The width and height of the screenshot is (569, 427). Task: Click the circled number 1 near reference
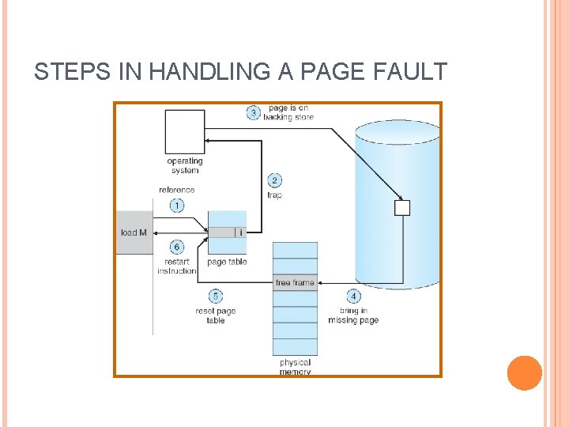tap(176, 206)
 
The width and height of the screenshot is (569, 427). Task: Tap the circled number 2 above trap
tap(274, 180)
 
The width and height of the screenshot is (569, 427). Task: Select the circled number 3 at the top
tap(254, 112)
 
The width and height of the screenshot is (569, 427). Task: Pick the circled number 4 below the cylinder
tap(353, 297)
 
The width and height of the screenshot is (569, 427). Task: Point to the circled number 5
tap(215, 297)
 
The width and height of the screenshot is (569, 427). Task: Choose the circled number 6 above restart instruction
tap(176, 248)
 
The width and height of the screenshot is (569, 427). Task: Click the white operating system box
tap(184, 132)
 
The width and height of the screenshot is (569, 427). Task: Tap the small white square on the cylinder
tap(402, 208)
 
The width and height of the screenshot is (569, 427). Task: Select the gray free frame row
tap(295, 282)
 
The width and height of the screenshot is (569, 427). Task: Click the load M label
tap(134, 232)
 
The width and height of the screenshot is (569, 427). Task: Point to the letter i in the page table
tap(240, 232)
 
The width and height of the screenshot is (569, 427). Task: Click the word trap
tap(274, 195)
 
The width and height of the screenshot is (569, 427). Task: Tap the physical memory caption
tap(295, 367)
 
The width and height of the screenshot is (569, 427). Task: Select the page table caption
tap(227, 262)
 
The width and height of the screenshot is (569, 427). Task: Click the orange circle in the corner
tap(524, 373)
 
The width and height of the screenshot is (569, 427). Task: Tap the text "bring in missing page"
tap(353, 316)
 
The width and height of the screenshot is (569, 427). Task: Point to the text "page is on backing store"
tap(288, 112)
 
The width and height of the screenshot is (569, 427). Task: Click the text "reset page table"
tap(215, 316)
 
